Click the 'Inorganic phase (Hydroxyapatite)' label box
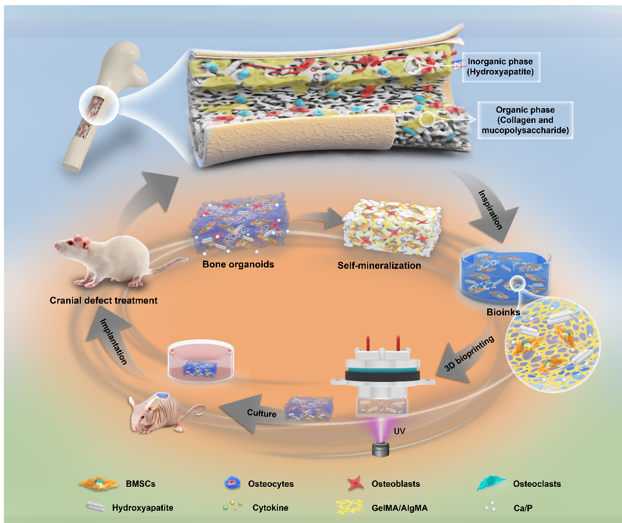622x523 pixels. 500,67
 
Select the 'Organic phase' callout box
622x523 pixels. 525,120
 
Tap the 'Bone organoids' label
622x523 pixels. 238,264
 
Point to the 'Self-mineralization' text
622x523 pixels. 379,265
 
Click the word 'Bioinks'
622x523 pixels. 503,312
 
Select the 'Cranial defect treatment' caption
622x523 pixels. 103,300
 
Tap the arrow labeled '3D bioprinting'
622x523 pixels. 466,355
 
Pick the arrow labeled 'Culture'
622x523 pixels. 255,412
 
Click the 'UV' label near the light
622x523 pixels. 399,431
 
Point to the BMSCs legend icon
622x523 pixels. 99,484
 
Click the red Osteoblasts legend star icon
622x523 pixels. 356,483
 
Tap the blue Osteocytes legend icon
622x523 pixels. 232,483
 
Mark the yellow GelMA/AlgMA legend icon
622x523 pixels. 349,507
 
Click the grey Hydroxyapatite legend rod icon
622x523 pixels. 95,507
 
